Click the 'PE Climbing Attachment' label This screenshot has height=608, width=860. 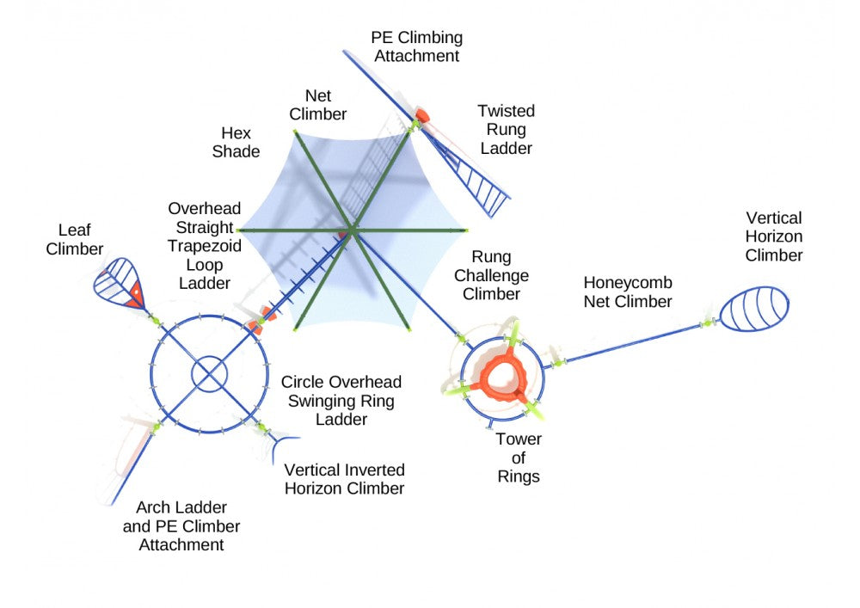[416, 46]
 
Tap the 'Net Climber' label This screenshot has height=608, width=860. [317, 105]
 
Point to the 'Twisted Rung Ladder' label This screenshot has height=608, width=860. [506, 130]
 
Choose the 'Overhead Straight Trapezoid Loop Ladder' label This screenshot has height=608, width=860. [204, 246]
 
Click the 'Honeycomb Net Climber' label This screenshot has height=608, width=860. [628, 292]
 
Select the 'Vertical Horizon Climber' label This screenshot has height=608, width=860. [774, 236]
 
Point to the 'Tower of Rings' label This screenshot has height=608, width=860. [519, 458]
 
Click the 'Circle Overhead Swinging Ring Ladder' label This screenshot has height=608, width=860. [341, 401]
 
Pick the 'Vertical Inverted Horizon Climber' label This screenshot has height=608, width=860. [344, 480]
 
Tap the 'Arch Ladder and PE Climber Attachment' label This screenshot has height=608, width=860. [181, 525]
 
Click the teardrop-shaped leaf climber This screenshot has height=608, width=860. [120, 283]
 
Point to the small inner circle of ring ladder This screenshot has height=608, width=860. [209, 375]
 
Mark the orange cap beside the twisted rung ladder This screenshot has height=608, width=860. [422, 114]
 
